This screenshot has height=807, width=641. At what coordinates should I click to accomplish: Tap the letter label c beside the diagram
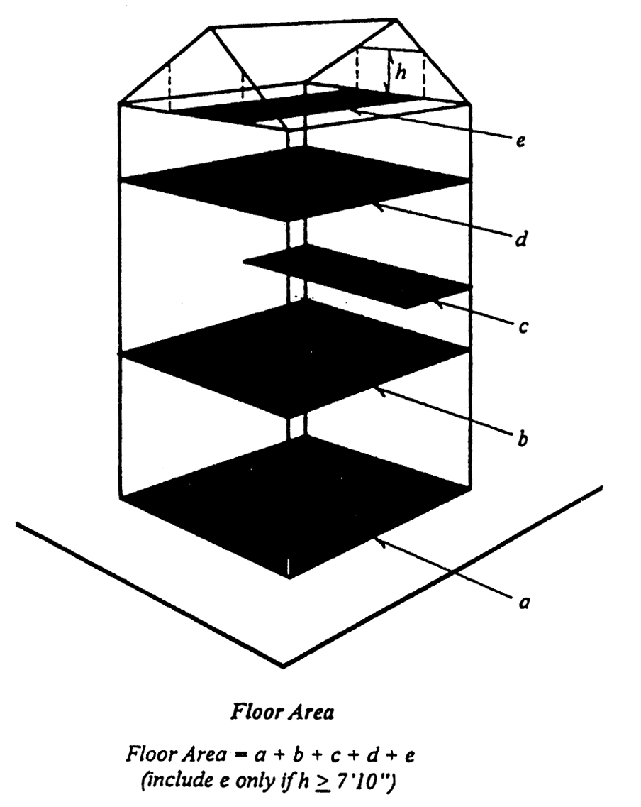[523, 331]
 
